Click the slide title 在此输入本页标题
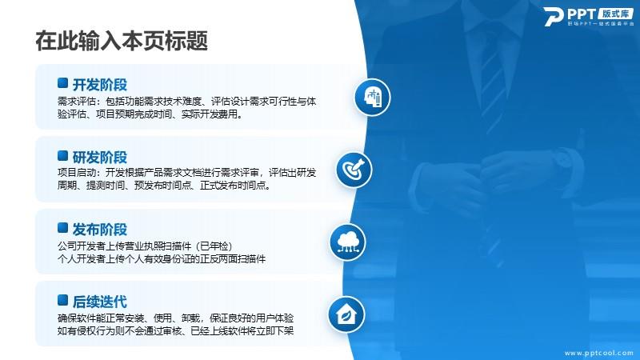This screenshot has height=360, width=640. point(122,41)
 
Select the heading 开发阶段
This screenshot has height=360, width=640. point(99,85)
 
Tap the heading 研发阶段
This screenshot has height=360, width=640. point(99,157)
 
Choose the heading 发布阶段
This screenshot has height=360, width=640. point(99,230)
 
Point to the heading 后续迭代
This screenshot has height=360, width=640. point(99,302)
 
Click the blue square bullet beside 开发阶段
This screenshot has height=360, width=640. point(63,83)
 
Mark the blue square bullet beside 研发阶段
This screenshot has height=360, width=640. point(63,155)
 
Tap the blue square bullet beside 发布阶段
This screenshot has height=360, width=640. point(63,228)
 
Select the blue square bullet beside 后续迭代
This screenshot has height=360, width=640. point(63,300)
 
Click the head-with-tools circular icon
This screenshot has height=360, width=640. point(372,98)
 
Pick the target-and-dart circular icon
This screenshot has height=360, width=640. point(354,170)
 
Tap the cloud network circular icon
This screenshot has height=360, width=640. point(348,242)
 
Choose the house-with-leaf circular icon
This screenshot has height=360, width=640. point(346,314)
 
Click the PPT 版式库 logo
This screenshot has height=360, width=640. point(589,16)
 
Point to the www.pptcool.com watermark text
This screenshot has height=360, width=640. point(598,353)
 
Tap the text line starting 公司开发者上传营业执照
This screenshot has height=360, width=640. point(145,246)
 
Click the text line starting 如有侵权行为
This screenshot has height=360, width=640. point(175,330)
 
